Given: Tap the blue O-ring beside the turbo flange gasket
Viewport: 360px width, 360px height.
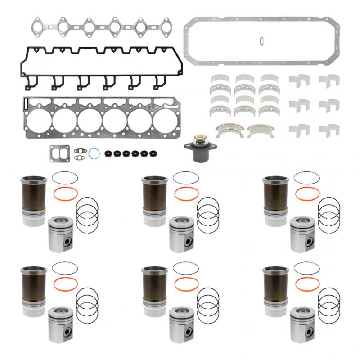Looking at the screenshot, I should tap(94, 153).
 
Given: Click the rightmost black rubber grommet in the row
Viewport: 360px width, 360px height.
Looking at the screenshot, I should tap(145, 153).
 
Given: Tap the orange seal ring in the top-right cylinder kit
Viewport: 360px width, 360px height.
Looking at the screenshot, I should tap(307, 194).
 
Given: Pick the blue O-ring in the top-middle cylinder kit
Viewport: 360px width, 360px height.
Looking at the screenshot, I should tap(185, 177).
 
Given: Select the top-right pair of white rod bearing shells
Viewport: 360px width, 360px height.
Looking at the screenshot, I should tap(329, 81).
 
